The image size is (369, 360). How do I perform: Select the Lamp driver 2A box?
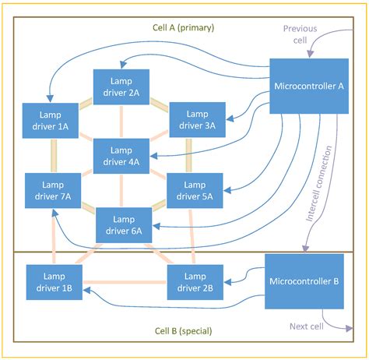click(x=121, y=86)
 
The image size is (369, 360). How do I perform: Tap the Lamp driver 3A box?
click(x=197, y=120)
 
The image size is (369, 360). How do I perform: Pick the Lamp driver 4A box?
click(x=121, y=156)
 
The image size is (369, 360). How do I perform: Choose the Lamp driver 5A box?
click(x=195, y=191)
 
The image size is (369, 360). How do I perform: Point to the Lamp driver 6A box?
click(x=123, y=224)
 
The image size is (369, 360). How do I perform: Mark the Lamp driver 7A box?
click(x=53, y=191)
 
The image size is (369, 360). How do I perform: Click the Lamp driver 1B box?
click(x=54, y=282)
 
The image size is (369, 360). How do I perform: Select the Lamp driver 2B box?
click(x=195, y=282)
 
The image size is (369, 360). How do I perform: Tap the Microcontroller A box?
click(x=309, y=86)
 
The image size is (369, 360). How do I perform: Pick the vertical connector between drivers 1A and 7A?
click(x=53, y=156)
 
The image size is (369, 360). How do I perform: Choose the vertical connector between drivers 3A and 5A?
click(x=189, y=156)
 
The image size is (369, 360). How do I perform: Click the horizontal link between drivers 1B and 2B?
click(x=125, y=282)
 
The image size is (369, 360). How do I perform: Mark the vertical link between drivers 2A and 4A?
click(x=121, y=121)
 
